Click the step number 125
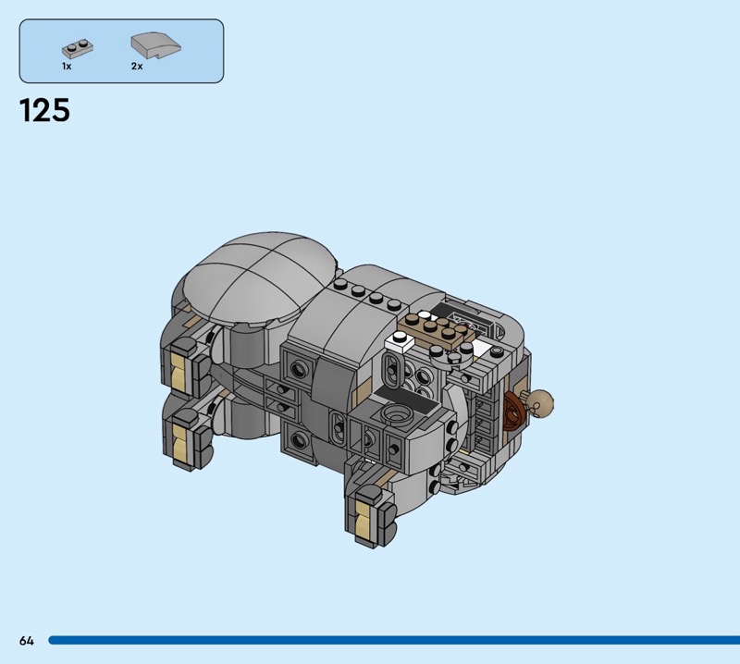pos(44,110)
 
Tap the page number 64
pos(27,640)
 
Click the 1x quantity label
pos(67,66)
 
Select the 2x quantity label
pos(137,66)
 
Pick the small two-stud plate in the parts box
pos(78,48)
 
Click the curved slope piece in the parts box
pos(155,45)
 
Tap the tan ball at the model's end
pos(540,402)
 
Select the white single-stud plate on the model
pos(400,340)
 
